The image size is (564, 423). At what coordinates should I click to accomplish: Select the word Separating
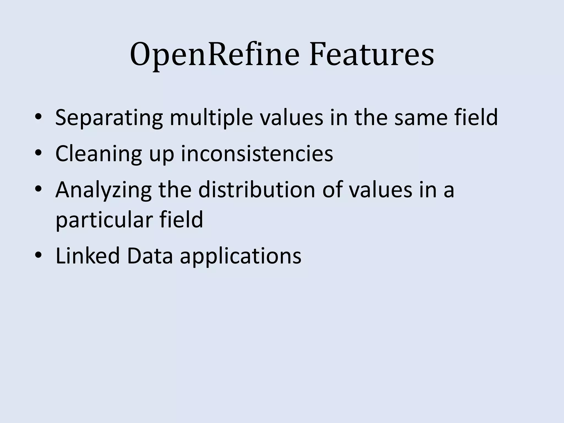(x=109, y=118)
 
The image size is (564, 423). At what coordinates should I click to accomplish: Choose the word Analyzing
(x=104, y=190)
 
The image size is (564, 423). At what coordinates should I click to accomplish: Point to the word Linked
(x=88, y=256)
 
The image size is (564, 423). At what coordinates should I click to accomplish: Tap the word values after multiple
(x=292, y=118)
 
